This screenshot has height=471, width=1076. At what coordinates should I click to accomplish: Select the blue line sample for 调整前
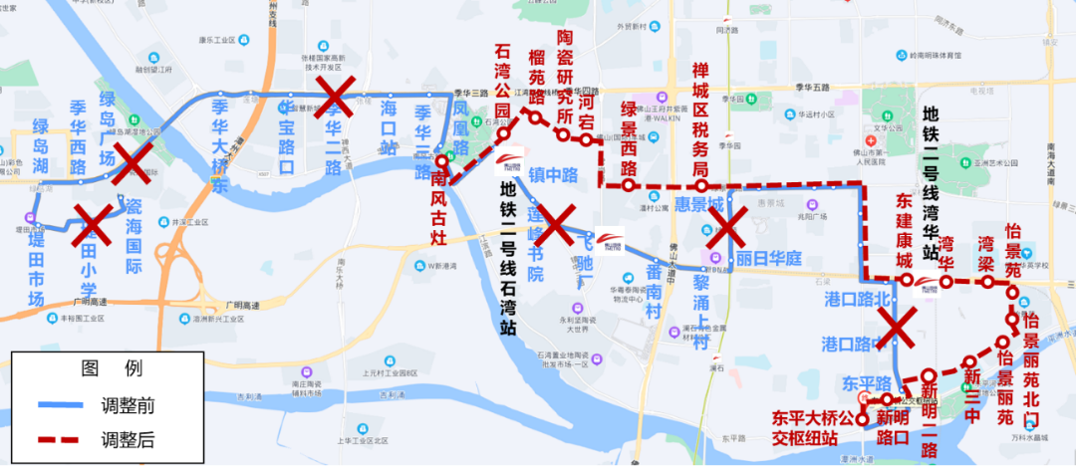coord(64,405)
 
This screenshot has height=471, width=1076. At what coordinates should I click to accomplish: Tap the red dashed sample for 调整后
coord(64,438)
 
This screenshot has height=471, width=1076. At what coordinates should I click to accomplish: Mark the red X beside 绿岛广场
coord(133,162)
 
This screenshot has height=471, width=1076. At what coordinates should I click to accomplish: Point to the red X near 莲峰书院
coord(556,225)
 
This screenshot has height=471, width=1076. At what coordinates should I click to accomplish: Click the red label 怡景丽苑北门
coord(1030,359)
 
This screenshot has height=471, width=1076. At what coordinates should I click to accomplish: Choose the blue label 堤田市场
coord(36,267)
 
